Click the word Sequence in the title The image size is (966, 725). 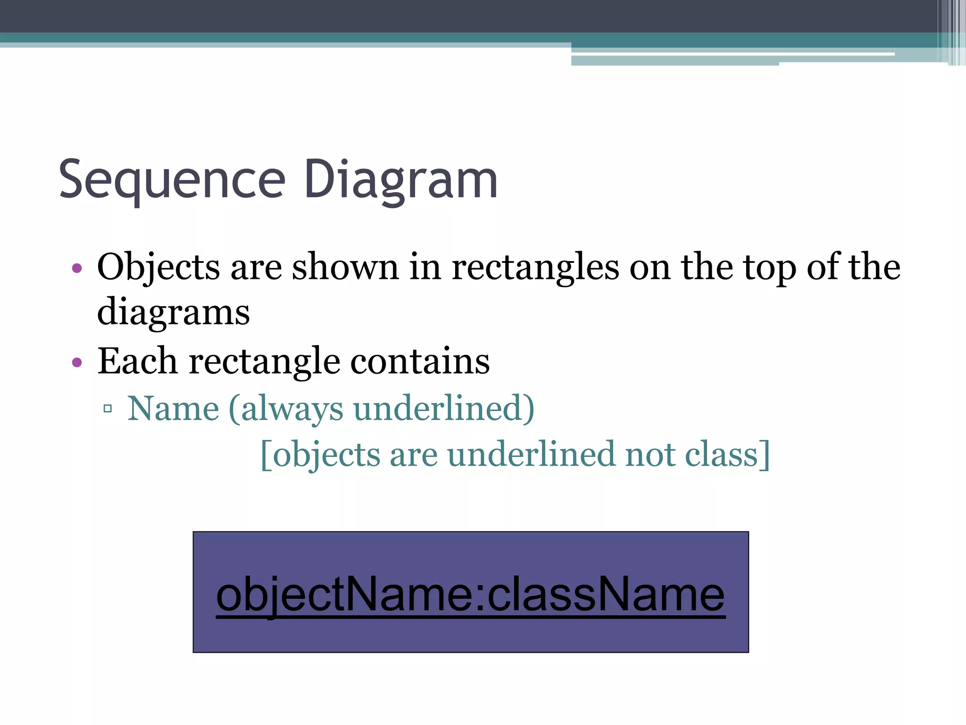pos(172,180)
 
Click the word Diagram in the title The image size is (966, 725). pos(401,180)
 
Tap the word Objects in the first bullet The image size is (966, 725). pos(158,267)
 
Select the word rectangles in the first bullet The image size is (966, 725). pos(535,267)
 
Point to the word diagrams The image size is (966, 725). pos(173,312)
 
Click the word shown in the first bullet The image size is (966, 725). pos(345,267)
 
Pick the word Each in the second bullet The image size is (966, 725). pos(137,361)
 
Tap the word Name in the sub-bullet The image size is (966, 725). pos(173,408)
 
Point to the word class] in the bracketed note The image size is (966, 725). pos(727,455)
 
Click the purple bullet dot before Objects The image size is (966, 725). pos(77,269)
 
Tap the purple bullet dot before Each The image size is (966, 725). pos(77,362)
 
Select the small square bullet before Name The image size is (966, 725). pos(108,409)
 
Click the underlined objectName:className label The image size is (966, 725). pos(470,595)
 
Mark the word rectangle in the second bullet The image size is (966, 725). pos(264,361)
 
